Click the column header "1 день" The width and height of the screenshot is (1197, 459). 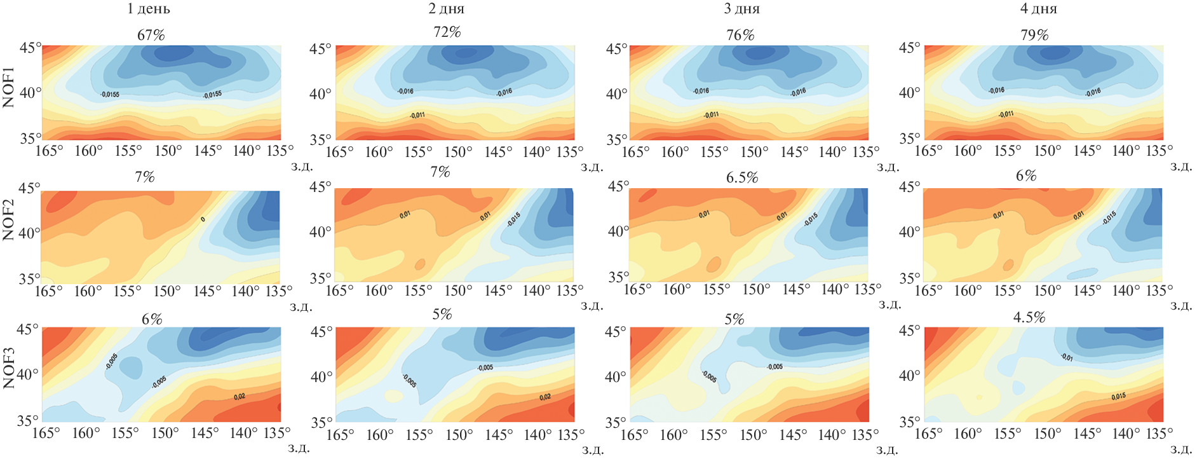[x=148, y=9]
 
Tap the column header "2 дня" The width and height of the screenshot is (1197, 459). [x=446, y=9]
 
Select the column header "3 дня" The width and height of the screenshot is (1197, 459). [x=741, y=9]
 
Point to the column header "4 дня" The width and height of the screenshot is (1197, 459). [x=1038, y=9]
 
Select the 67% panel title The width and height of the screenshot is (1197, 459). [x=151, y=35]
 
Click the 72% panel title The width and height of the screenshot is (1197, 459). [x=447, y=32]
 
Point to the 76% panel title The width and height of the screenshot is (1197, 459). [x=741, y=35]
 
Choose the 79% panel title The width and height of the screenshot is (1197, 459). [x=1034, y=35]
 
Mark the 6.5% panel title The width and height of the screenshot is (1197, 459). [x=742, y=177]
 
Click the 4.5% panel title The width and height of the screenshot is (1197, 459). [x=1029, y=317]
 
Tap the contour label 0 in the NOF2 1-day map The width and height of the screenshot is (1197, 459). [x=203, y=219]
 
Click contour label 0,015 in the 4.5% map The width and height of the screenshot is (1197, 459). [x=1119, y=396]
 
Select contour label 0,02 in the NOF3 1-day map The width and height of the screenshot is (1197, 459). [x=240, y=397]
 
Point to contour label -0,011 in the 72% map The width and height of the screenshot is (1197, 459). [x=417, y=115]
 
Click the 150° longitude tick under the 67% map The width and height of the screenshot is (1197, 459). [x=168, y=151]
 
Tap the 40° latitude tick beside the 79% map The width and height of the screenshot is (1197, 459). [x=909, y=93]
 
